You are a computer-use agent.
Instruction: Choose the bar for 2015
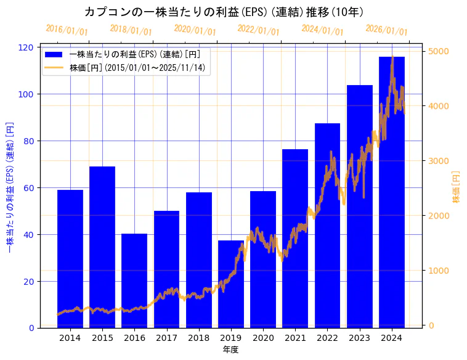click(x=102, y=247)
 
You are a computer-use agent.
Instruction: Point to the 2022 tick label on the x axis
click(x=327, y=338)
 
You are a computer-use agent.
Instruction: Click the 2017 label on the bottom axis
click(x=166, y=338)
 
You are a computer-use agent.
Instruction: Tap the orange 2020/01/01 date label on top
click(x=195, y=30)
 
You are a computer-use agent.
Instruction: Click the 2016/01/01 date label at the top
click(x=67, y=30)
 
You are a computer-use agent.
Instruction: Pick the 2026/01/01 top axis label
click(x=386, y=30)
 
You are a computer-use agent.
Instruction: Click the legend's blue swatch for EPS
click(x=55, y=54)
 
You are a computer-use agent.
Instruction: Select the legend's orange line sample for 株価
click(x=55, y=67)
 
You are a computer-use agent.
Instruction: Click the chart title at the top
click(x=224, y=12)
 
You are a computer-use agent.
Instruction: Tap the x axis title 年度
click(x=230, y=350)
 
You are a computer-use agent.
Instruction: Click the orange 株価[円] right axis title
click(x=457, y=188)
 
